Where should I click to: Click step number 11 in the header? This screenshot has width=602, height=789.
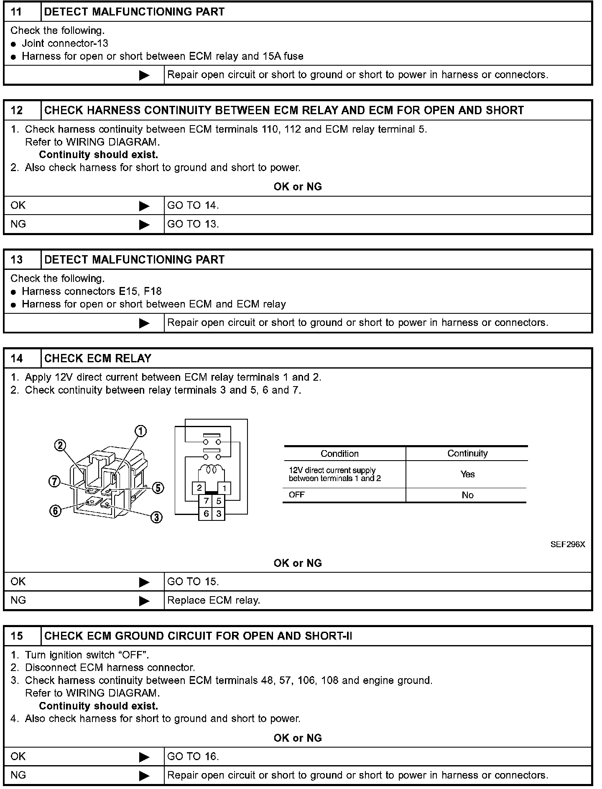point(16,12)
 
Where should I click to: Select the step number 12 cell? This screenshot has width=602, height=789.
point(17,110)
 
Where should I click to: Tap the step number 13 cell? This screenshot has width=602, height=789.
point(17,260)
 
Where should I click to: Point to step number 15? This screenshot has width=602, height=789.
point(17,636)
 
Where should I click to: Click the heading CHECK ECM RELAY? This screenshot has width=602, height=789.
point(98,359)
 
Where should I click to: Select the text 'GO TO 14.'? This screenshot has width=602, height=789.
point(193,205)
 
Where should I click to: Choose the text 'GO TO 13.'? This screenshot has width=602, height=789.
point(193,224)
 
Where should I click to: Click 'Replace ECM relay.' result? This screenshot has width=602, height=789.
point(214,600)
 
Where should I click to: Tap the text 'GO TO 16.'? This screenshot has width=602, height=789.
point(193,756)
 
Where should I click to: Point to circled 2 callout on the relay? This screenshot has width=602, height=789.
point(61,446)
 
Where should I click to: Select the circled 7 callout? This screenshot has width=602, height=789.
point(54,482)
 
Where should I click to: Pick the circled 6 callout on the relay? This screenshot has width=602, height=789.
point(55,510)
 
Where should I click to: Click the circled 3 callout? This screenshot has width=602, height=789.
point(156,518)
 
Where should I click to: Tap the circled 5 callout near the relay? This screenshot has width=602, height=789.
point(158,488)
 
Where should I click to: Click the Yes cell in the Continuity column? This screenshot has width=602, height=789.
point(467,474)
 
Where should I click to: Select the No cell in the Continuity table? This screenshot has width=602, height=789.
point(467,495)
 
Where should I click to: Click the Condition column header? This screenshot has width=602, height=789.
point(339,454)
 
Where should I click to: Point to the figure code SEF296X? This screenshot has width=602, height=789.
point(568,544)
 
